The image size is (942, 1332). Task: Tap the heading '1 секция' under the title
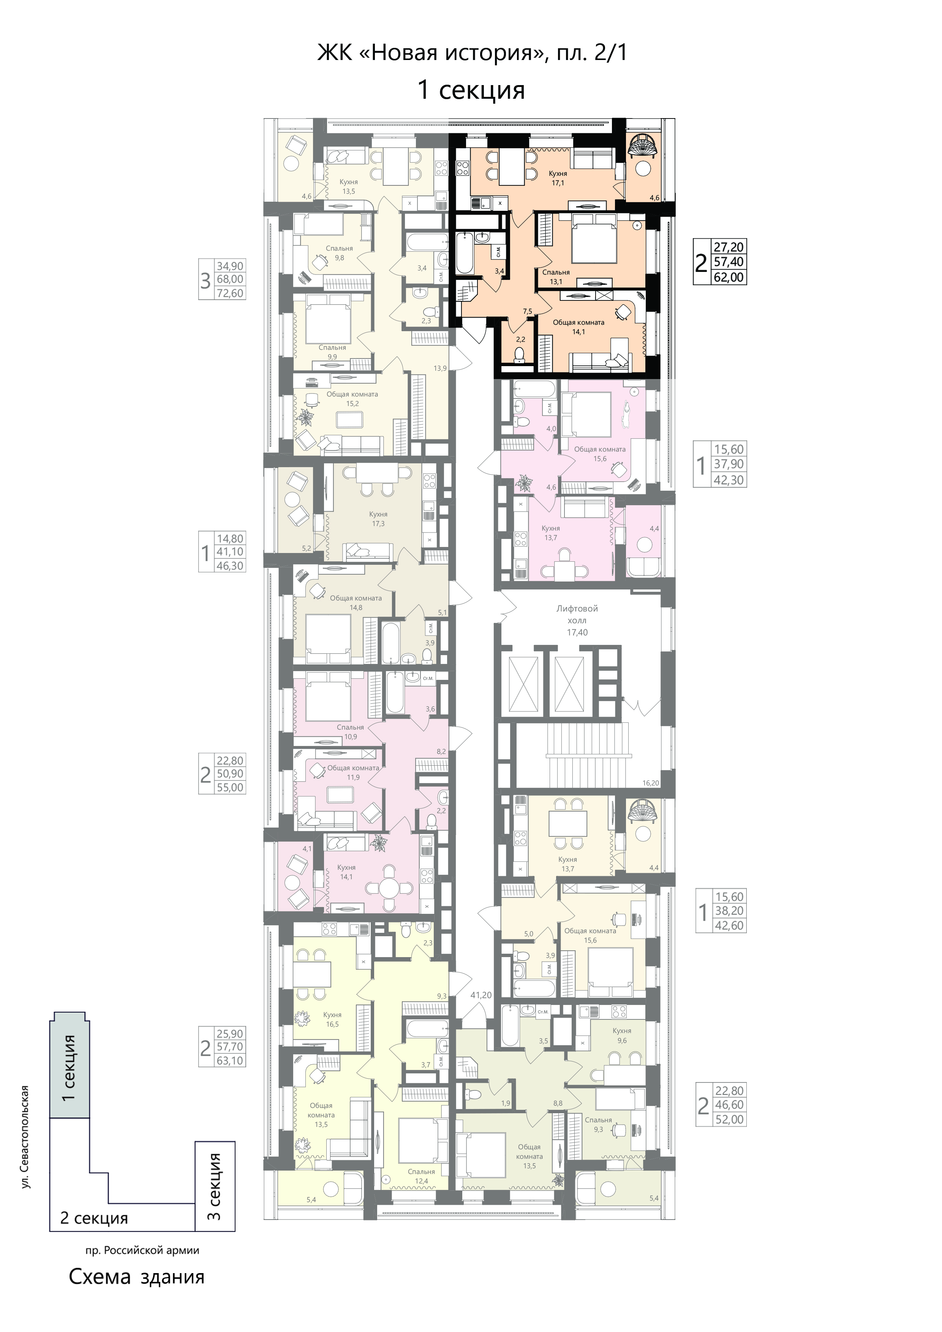(471, 90)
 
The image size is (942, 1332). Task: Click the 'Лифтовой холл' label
(577, 615)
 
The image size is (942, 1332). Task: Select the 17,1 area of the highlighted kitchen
(558, 183)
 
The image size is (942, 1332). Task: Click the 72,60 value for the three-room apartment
(230, 294)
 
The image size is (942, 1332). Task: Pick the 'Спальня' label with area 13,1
(556, 272)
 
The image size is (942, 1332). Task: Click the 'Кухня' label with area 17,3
(378, 514)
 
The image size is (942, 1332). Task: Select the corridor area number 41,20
(481, 995)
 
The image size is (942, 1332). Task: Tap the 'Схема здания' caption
(137, 1277)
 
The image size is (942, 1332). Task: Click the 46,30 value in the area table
(230, 566)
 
